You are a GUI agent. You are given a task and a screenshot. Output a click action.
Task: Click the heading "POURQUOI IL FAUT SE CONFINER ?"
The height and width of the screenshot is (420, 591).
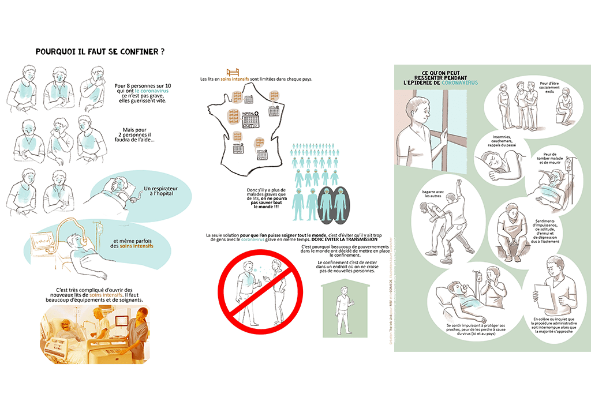[99, 51]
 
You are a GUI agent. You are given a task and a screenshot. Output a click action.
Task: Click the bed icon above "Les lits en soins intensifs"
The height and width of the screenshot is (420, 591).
[233, 72]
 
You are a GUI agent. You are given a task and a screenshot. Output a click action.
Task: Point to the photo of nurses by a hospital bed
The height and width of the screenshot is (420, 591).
[93, 335]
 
